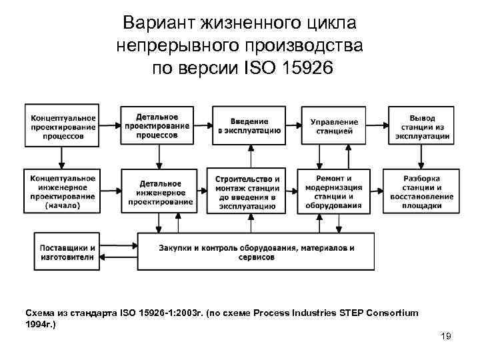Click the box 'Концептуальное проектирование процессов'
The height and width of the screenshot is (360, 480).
[x=62, y=125]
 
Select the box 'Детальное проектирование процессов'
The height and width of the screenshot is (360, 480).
[x=157, y=125]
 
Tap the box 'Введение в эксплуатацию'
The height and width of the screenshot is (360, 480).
[x=249, y=125]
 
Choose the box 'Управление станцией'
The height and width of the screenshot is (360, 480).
[x=334, y=125]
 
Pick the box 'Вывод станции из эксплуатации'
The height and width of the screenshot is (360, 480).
[x=422, y=125]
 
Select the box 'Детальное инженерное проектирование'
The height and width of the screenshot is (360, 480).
[x=157, y=191]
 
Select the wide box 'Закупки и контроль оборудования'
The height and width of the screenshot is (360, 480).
[x=256, y=251]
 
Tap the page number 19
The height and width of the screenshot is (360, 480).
[x=446, y=336]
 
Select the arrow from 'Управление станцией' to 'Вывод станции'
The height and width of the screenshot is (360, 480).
[x=377, y=125]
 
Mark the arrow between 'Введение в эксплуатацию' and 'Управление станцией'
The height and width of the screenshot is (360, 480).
[x=292, y=125]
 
